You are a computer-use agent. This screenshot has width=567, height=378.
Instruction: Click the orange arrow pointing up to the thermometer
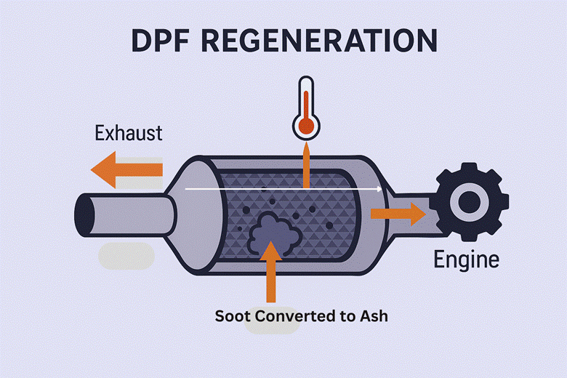pos(306,165)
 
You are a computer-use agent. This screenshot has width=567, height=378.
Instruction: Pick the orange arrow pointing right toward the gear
pos(397,213)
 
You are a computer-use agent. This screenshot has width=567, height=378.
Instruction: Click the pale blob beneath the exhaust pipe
pos(126,256)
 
